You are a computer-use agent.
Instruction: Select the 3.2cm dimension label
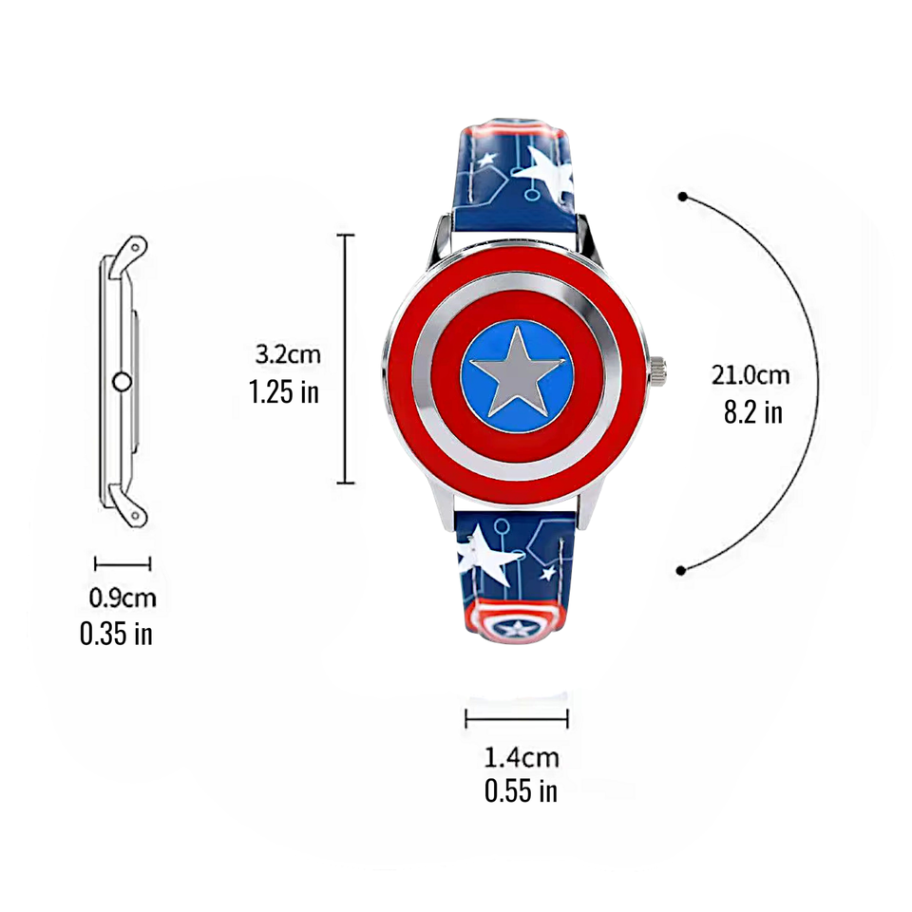click(288, 354)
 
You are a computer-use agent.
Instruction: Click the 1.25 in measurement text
click(284, 391)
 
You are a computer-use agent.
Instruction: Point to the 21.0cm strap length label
click(750, 375)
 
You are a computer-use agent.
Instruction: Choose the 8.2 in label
click(753, 412)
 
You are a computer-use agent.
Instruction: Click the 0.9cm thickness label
click(123, 598)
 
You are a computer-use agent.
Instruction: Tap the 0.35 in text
click(116, 634)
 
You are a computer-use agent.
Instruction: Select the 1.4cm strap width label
click(522, 757)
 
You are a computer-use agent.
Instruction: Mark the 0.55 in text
click(521, 791)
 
